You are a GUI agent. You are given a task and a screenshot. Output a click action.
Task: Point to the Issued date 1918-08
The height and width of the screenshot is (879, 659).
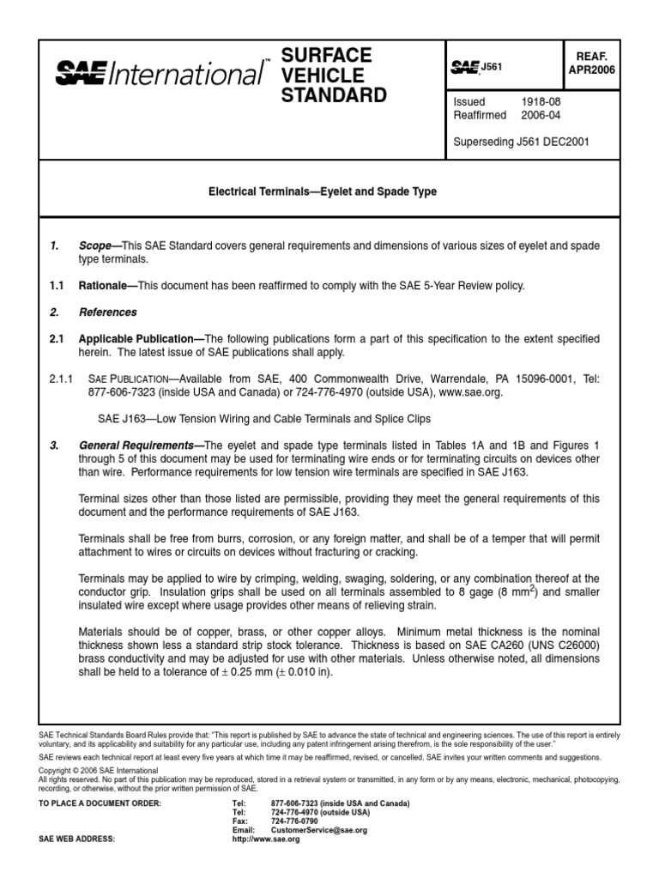tap(541, 101)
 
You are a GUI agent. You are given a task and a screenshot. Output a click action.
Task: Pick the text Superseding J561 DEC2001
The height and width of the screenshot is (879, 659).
tap(521, 141)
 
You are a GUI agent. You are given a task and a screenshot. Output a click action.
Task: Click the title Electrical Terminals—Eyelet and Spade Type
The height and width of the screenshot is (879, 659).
tap(323, 192)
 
